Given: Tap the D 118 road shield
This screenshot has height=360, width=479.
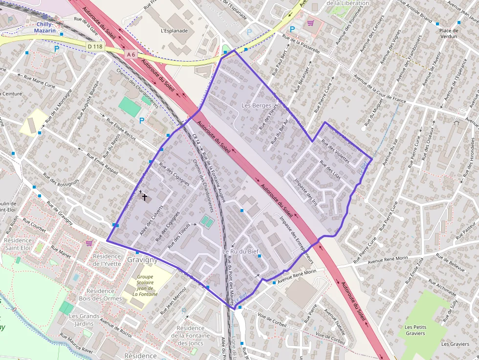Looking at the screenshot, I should pos(95,46).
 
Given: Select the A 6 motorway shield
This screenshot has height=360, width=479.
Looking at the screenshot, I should pos(130,55).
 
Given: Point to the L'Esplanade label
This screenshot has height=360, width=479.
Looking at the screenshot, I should pos(174,30).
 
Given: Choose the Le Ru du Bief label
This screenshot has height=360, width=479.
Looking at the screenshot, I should pos(240,252).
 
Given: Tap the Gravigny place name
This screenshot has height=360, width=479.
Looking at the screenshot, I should pos(142,259).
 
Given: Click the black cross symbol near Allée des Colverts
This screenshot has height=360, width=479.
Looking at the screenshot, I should pos(144,197).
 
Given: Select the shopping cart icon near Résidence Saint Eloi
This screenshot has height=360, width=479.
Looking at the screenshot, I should pos(89,243).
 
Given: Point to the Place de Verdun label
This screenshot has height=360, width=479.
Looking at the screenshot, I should pos(448,33).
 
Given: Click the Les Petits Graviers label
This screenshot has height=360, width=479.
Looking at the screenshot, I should pos(415,330).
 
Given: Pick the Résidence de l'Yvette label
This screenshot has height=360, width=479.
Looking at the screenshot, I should pos(107,260).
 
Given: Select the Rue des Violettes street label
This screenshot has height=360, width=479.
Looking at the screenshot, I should pos(335,152).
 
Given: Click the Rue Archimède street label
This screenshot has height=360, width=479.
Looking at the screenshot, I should pos(443,287).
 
